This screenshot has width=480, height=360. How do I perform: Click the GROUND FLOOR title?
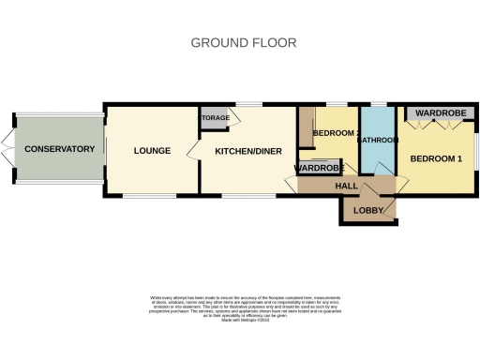(244, 42)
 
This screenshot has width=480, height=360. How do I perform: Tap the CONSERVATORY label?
(60, 149)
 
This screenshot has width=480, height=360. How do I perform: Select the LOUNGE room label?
(150, 149)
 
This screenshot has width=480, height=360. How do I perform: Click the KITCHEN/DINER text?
(248, 150)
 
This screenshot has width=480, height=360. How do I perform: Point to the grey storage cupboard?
(214, 118)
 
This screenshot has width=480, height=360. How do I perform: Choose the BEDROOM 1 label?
(437, 158)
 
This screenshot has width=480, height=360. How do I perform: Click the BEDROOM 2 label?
(335, 134)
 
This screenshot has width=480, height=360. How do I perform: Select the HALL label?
(346, 186)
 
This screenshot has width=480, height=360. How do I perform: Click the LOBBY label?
(368, 209)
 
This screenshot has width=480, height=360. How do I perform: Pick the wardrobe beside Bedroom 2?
(319, 168)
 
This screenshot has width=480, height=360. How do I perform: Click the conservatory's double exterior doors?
(6, 148)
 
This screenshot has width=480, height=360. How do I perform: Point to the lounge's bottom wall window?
(150, 196)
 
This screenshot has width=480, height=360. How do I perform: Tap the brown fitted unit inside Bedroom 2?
(304, 127)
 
